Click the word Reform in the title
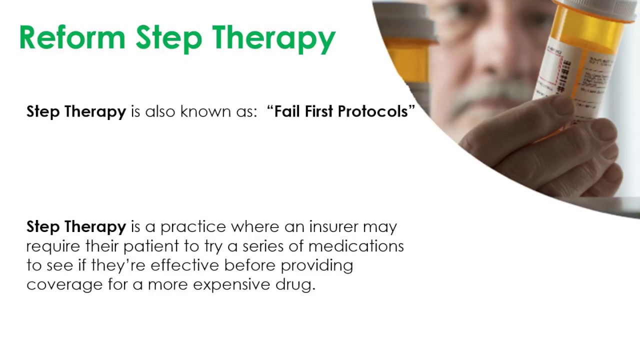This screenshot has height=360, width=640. point(72,37)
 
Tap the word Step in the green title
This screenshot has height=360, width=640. point(169,39)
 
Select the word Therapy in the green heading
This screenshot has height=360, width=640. point(274,39)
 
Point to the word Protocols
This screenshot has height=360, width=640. point(373,111)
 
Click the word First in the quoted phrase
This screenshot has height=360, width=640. point(319,111)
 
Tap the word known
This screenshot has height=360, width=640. point(205,111)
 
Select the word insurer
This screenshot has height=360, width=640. point(333,226)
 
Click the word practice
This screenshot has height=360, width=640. point(193,227)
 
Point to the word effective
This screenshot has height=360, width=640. point(184,265)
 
